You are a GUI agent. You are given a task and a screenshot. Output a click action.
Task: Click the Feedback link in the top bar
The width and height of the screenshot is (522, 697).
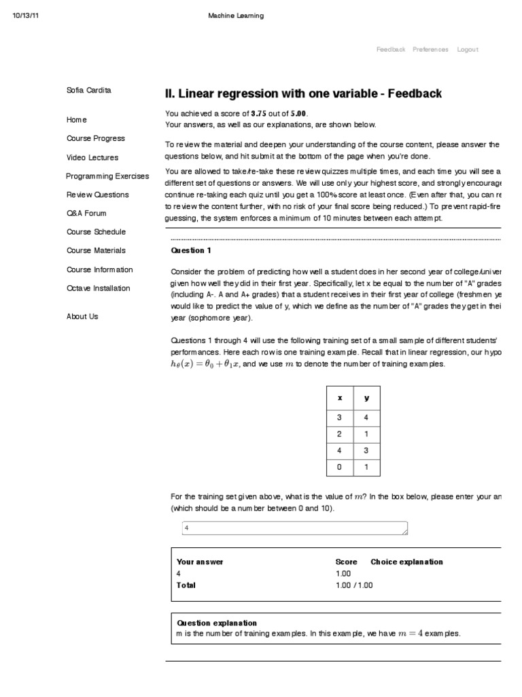pos(391,50)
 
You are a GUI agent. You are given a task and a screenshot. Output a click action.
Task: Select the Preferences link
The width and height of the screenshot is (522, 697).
pos(430,50)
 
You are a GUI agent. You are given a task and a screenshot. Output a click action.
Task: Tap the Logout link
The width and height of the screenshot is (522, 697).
pos(468,50)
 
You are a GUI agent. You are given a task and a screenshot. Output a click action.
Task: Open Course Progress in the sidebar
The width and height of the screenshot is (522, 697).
pos(95,138)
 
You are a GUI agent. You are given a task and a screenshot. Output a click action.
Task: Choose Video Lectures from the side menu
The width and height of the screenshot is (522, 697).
pos(92,157)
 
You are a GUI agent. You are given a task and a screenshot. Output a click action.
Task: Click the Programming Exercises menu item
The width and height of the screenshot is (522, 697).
pos(107,176)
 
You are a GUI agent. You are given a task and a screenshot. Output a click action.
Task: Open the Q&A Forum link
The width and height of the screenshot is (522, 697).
pos(86,213)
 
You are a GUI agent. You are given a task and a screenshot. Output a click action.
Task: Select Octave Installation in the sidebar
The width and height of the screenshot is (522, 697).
pos(98,288)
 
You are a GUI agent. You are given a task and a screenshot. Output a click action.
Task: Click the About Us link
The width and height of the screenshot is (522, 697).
pos(82,317)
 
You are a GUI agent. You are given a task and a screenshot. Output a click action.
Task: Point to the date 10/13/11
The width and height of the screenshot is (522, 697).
pos(26,16)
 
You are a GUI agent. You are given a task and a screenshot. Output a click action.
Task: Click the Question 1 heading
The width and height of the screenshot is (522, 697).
pos(191,250)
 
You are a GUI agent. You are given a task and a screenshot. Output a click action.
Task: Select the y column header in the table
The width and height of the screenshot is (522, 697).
pos(367,398)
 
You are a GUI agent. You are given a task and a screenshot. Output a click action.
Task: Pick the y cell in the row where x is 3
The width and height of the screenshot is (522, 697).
pos(367,417)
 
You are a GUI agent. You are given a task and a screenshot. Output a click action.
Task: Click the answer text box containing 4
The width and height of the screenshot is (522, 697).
pos(296,528)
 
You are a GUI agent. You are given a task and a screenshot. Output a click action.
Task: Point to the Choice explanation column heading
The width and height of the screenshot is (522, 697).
pos(406,562)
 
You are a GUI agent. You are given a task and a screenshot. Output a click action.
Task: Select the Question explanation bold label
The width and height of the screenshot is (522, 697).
pos(217,623)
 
